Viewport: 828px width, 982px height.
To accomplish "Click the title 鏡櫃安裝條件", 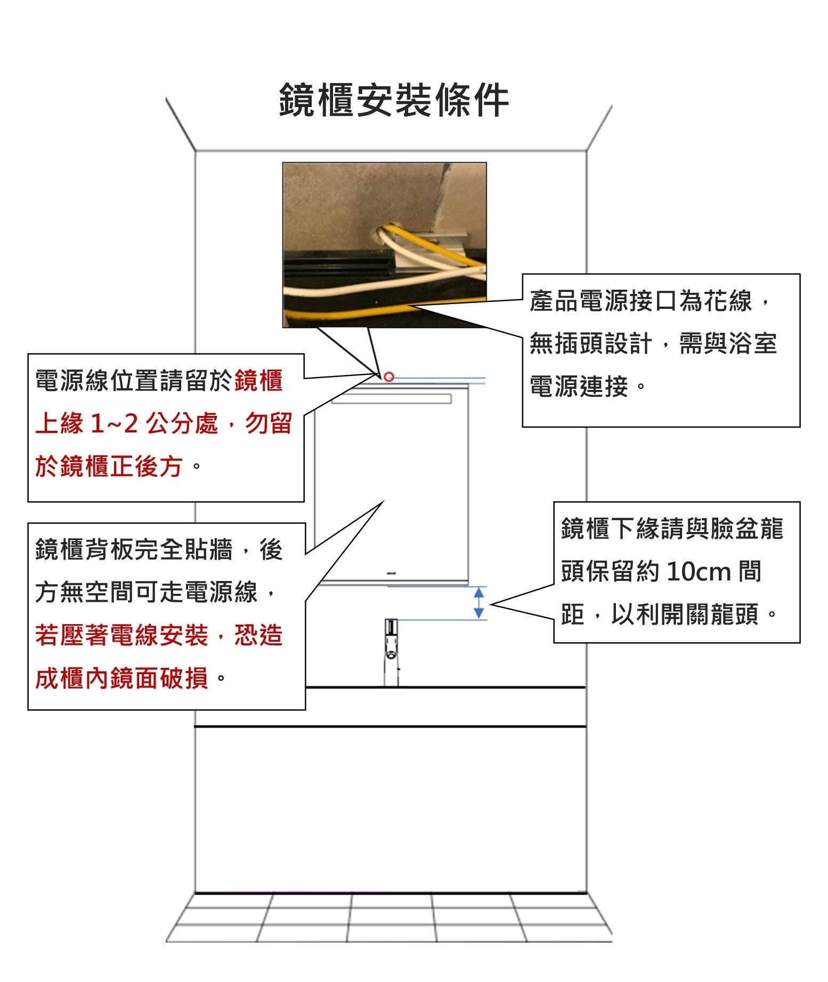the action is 394,100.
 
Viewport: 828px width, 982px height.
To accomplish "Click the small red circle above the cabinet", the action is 389,377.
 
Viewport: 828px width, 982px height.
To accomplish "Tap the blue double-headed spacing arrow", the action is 478,603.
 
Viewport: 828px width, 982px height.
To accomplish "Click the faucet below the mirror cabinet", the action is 392,652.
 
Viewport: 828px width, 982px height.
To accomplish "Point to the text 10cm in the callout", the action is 699,572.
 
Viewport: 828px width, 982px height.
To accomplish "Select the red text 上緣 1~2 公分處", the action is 127,424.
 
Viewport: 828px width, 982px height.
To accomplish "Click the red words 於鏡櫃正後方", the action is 109,467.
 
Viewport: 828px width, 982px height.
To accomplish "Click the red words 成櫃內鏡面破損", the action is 121,678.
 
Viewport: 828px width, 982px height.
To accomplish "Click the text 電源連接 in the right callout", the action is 579,386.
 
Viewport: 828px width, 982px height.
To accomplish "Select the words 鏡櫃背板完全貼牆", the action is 134,550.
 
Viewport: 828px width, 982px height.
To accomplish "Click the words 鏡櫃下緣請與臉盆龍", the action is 672,529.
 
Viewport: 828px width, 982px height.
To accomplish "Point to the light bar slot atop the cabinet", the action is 392,399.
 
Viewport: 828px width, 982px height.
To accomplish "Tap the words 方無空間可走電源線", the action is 146,592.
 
